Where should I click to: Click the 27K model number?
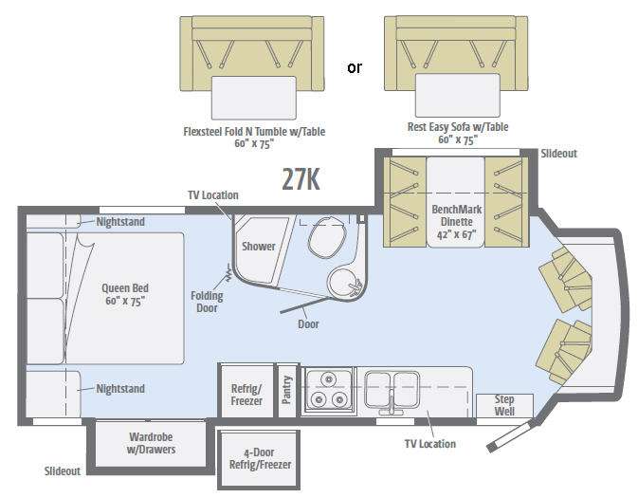301,178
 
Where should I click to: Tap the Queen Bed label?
125,294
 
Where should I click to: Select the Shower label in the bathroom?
259,247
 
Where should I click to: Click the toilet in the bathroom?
327,237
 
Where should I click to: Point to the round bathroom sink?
345,284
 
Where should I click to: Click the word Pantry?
287,390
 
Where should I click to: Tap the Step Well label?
504,405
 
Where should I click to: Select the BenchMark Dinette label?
457,222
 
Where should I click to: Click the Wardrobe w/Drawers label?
151,443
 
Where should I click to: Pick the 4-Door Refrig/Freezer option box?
259,460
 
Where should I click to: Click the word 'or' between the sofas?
354,67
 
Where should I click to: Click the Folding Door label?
207,302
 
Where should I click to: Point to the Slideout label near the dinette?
558,154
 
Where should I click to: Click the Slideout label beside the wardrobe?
63,471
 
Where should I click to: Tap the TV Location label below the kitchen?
430,444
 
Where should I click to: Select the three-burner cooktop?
329,390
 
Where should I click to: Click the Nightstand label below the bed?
120,389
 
